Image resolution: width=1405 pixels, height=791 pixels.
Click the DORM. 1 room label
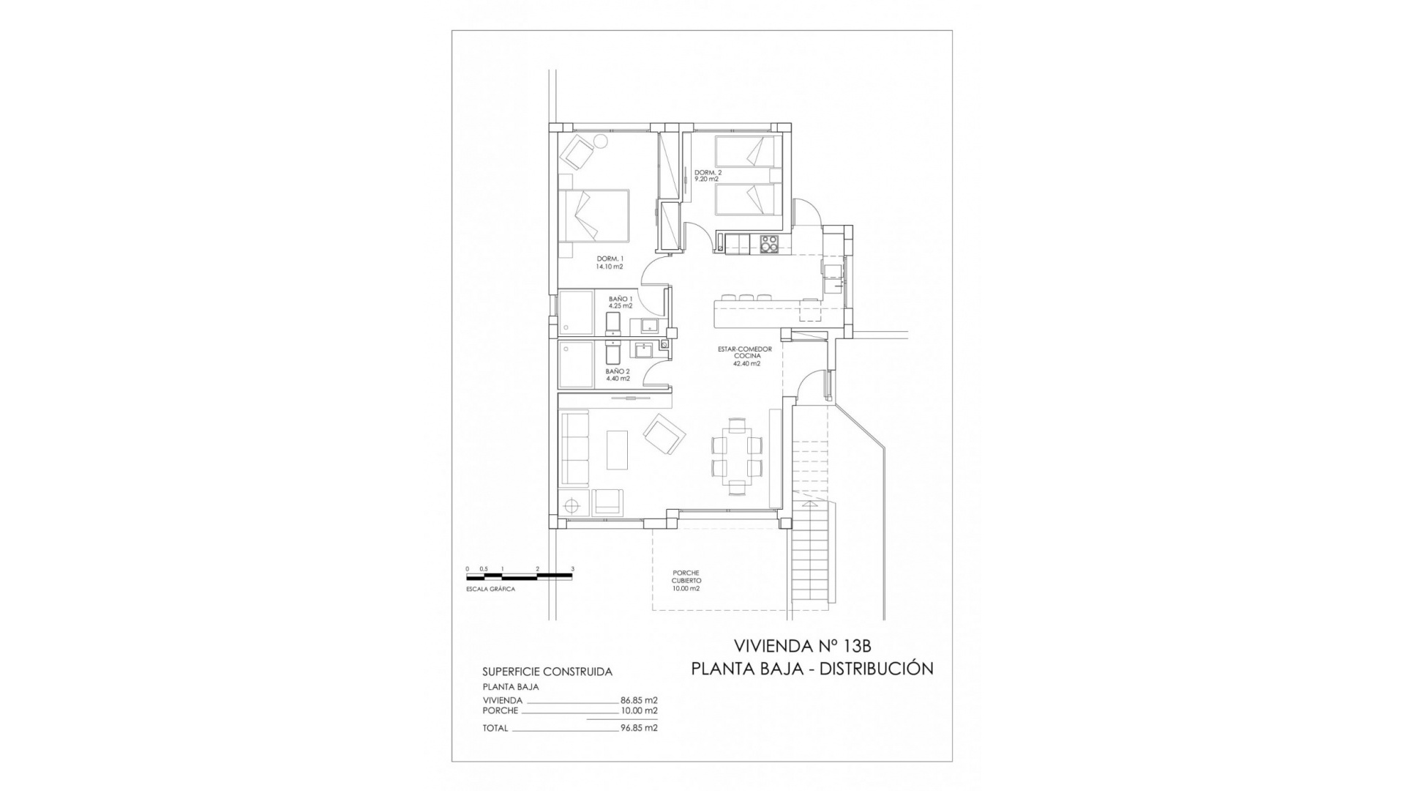[x=610, y=262]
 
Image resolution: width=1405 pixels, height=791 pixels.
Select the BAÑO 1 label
[x=620, y=302]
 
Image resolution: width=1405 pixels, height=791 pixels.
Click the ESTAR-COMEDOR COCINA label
[x=745, y=356]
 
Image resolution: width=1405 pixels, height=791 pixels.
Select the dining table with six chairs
[x=737, y=456]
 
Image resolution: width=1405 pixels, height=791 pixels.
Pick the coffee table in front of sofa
[x=617, y=450]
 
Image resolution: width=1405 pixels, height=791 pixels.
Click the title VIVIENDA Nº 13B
[x=802, y=645]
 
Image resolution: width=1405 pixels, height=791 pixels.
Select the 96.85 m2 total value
[x=639, y=728]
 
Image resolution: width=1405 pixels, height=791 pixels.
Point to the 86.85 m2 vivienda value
[x=639, y=700]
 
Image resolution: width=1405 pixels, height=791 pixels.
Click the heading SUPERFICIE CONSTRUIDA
[x=547, y=671]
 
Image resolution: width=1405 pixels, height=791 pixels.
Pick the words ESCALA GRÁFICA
[x=490, y=589]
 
